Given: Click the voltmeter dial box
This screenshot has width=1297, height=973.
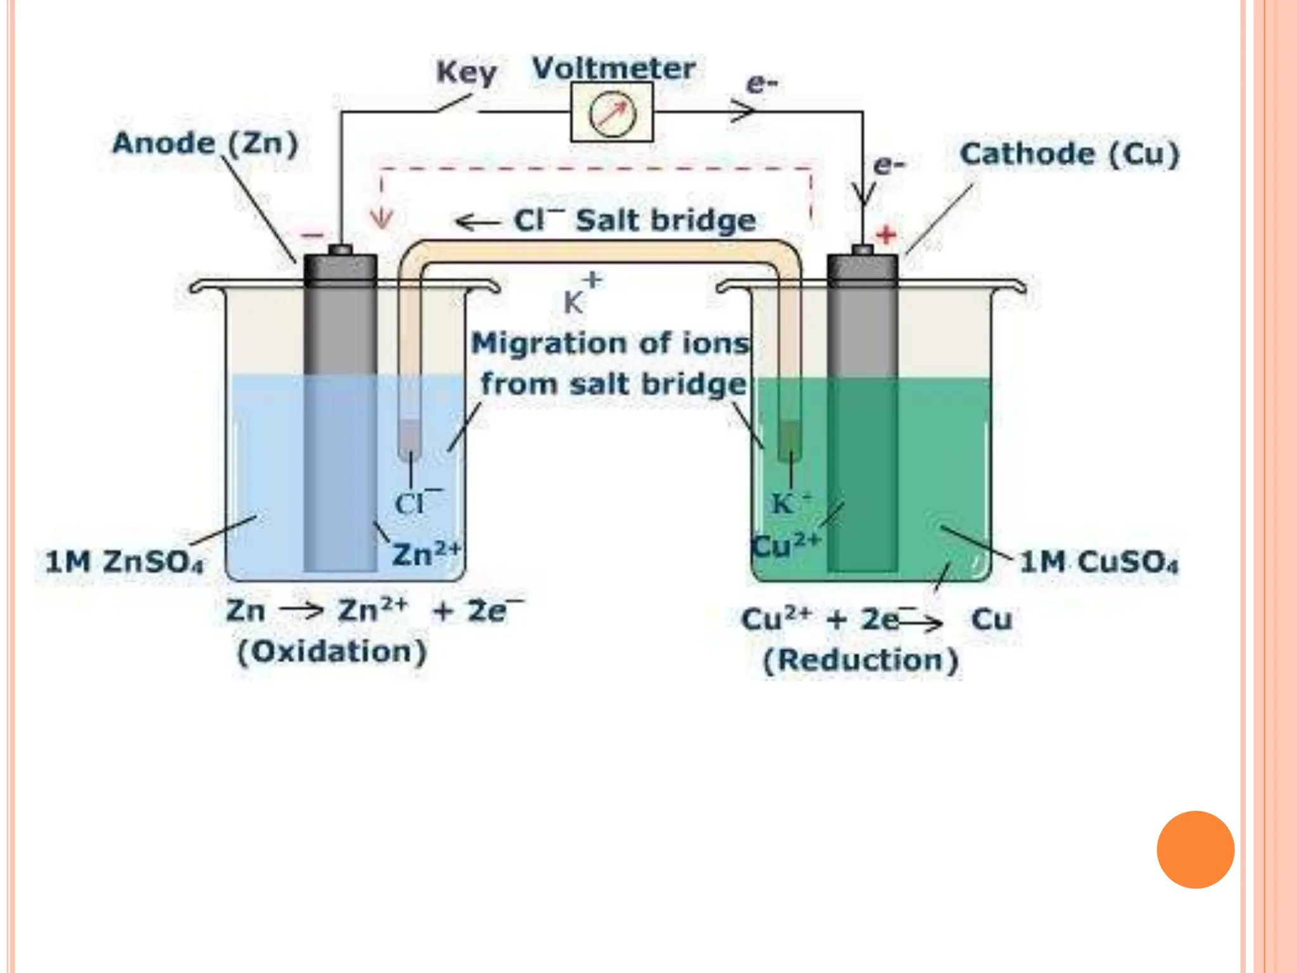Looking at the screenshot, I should tap(612, 112).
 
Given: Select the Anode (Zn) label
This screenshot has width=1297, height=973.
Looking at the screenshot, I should tap(205, 144).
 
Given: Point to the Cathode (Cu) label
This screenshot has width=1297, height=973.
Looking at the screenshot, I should tap(1069, 155).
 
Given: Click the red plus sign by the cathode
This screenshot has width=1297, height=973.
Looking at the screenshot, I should tap(886, 235).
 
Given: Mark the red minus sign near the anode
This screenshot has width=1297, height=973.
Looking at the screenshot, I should tap(312, 236).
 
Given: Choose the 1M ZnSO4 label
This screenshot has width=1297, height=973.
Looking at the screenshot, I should tap(125, 562).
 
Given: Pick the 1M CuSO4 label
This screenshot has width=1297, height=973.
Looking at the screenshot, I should tap(1099, 562).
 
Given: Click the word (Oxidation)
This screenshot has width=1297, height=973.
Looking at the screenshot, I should tap(332, 652).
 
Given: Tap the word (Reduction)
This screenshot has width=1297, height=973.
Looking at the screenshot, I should tap(861, 661).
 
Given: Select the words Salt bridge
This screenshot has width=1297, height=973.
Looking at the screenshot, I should tap(666, 220).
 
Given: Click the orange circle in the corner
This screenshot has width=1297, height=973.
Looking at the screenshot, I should tap(1195, 849).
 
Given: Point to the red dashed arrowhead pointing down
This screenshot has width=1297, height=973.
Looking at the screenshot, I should tap(381, 219).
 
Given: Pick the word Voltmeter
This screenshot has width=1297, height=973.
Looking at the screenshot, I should tap(614, 68).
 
